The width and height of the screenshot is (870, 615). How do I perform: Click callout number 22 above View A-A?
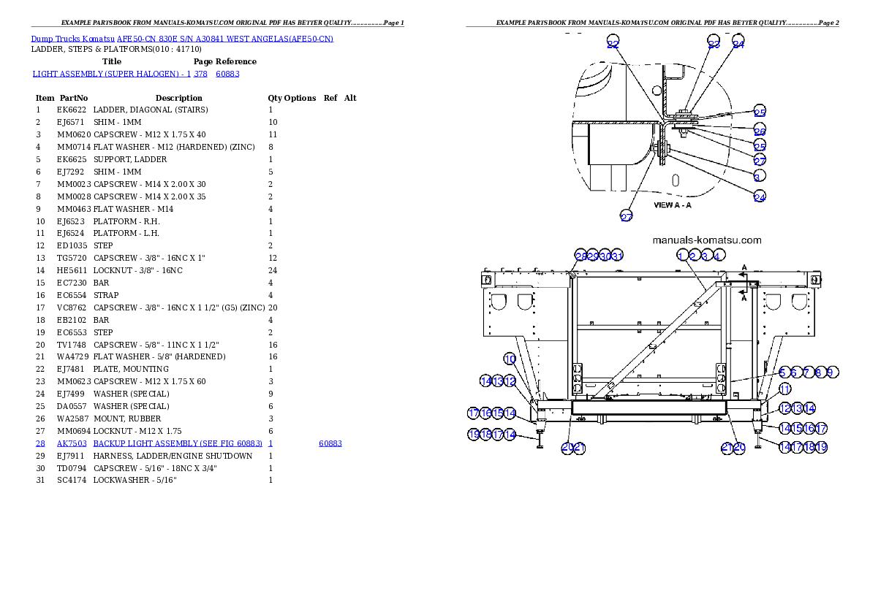click(613, 44)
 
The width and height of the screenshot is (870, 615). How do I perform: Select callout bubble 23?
click(714, 43)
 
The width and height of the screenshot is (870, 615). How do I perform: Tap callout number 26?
click(760, 131)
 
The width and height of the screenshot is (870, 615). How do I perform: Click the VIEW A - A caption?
click(672, 205)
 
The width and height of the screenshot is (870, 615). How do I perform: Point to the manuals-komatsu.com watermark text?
click(706, 240)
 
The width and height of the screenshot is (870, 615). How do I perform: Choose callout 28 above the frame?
click(580, 256)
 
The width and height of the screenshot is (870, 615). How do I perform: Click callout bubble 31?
click(617, 256)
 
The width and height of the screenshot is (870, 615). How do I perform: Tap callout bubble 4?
click(719, 256)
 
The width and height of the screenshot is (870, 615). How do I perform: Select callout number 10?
click(510, 359)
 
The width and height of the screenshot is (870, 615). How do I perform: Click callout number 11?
click(784, 389)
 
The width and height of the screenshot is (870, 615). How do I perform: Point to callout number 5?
click(782, 373)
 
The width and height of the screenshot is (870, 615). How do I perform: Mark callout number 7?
click(807, 373)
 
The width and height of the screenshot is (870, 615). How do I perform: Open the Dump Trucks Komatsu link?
click(182, 39)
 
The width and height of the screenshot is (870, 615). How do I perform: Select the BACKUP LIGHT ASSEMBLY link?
click(177, 443)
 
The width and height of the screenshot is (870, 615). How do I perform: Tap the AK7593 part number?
click(72, 443)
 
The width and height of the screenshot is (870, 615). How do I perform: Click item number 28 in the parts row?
click(40, 443)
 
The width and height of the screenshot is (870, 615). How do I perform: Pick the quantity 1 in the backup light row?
click(271, 443)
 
